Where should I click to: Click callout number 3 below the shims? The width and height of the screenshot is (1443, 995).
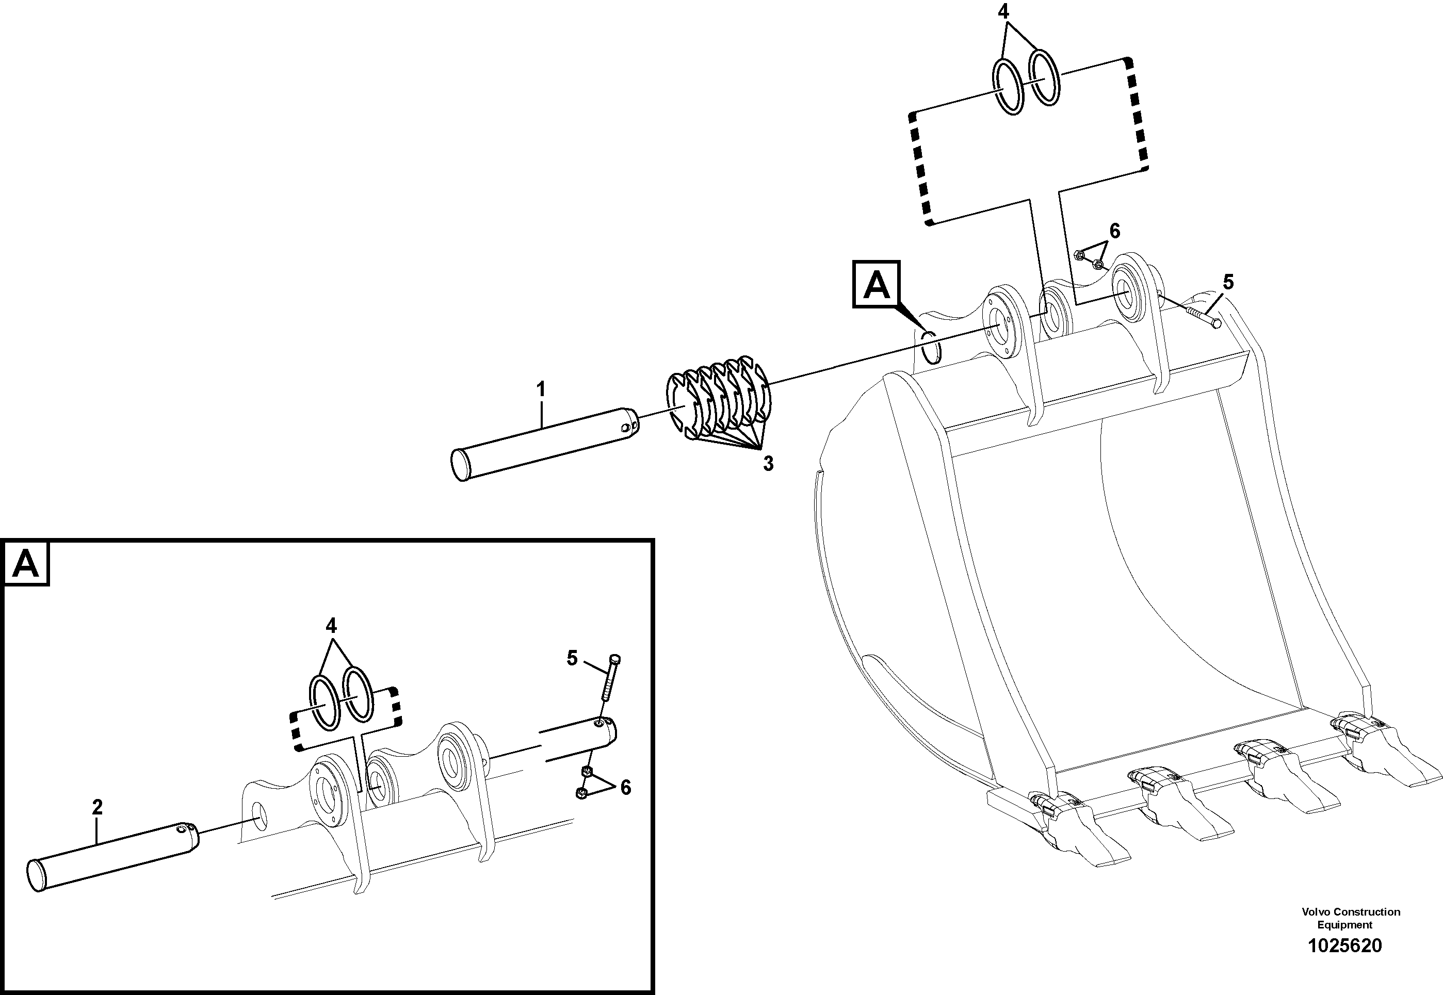[768, 464]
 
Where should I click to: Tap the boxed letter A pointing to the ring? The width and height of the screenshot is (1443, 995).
[877, 285]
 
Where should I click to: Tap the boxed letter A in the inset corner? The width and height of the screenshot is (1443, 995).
[26, 564]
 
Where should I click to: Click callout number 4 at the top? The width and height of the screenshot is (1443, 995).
[1003, 12]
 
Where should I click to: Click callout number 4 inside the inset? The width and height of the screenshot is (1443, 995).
[331, 625]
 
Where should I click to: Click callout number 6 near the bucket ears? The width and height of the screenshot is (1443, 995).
[1114, 231]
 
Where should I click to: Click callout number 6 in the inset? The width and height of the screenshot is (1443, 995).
[625, 788]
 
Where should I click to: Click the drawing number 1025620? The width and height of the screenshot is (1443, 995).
[1344, 946]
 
